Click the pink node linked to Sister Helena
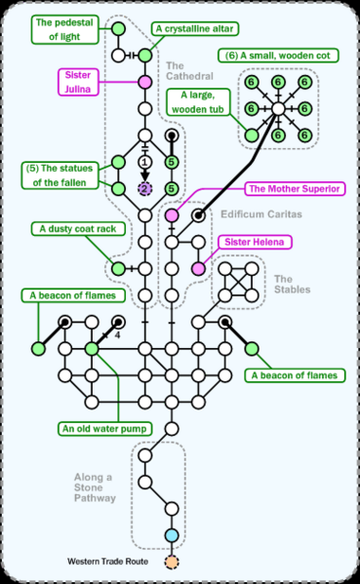(x=198, y=268)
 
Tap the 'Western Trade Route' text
(x=106, y=563)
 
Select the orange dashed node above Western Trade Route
(x=172, y=563)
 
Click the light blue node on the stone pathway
(x=172, y=535)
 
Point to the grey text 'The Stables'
(x=291, y=283)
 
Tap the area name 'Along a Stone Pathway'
(x=97, y=487)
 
